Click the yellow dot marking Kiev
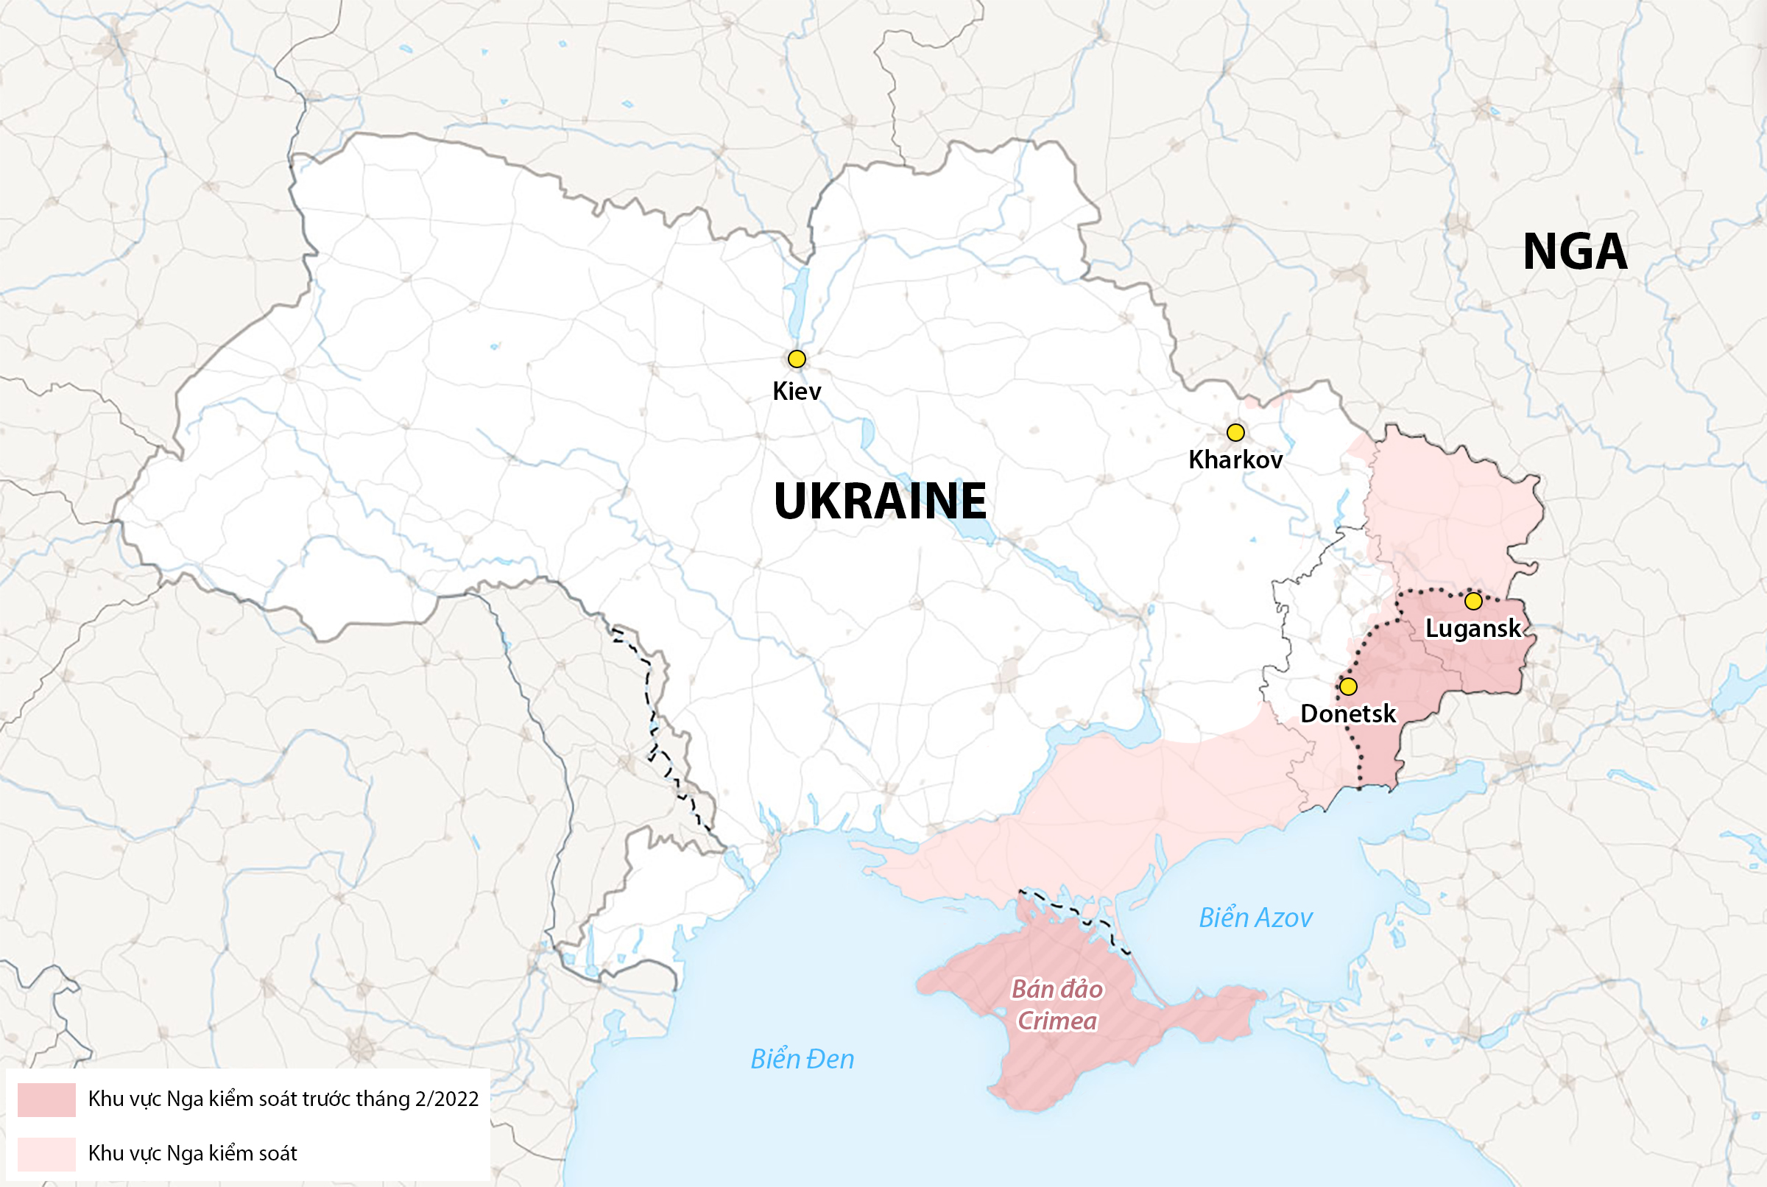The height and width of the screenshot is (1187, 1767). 796,359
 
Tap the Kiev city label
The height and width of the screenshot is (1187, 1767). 796,392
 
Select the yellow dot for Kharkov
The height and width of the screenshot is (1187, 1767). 1235,432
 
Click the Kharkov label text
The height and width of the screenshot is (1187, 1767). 1235,459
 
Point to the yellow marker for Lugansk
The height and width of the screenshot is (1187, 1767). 1472,601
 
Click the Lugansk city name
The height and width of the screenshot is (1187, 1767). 1472,628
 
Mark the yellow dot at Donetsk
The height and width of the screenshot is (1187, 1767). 1348,686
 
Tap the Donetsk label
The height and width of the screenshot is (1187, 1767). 1348,713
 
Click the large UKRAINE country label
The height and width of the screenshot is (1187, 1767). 879,501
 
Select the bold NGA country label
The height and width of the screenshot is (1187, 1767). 1574,251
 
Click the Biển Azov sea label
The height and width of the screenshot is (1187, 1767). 1255,918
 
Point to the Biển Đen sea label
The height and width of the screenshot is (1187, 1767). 803,1059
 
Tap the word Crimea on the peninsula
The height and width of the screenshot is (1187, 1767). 1057,1021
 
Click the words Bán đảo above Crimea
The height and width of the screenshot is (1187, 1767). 1057,990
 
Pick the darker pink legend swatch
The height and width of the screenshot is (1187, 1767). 46,1099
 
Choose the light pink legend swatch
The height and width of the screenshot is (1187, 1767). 46,1154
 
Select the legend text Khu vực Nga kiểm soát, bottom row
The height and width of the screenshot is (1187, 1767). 192,1154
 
